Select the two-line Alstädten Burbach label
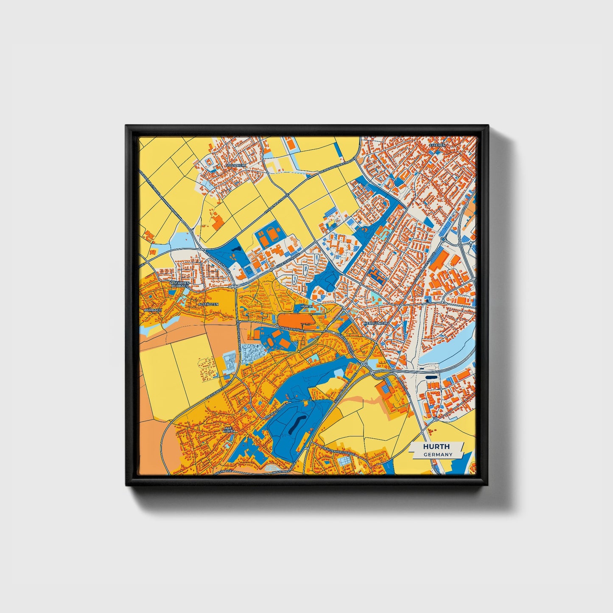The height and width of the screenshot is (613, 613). pyautogui.click(x=179, y=284)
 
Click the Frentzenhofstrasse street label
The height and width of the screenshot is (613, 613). pyautogui.click(x=337, y=450)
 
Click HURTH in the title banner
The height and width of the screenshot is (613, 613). pyautogui.click(x=436, y=447)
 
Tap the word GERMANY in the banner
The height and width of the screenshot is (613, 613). pyautogui.click(x=438, y=454)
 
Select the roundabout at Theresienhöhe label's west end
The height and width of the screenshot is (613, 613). pyautogui.click(x=277, y=326)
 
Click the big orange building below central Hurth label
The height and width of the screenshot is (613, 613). pyautogui.click(x=296, y=320)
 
